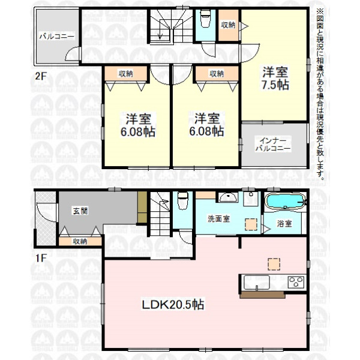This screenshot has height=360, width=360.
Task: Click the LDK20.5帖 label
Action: [173, 305]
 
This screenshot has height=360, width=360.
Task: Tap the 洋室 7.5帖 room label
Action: [275, 78]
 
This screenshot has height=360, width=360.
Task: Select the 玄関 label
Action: [80, 211]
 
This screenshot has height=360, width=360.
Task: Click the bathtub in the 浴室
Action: [286, 201]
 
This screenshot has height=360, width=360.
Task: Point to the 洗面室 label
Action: [218, 219]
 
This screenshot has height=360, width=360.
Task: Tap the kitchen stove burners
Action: [296, 282]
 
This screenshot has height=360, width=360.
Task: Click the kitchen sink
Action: [256, 283]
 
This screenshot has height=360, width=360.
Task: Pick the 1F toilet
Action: [183, 200]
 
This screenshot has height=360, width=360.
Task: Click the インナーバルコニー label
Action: [273, 145]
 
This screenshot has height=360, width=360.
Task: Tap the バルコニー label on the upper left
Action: [57, 37]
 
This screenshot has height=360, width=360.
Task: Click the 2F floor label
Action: [41, 76]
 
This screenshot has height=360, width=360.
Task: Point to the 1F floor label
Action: [41, 258]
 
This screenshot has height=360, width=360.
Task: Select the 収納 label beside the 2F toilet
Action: [228, 25]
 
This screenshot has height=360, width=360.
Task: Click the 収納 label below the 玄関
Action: [80, 241]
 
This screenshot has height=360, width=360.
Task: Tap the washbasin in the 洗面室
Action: [228, 197]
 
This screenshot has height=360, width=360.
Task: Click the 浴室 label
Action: [284, 223]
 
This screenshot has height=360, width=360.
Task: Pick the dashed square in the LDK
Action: [274, 264]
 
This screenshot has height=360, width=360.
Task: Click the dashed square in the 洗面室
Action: [251, 224]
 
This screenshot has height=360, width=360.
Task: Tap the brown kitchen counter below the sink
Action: [262, 295]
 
